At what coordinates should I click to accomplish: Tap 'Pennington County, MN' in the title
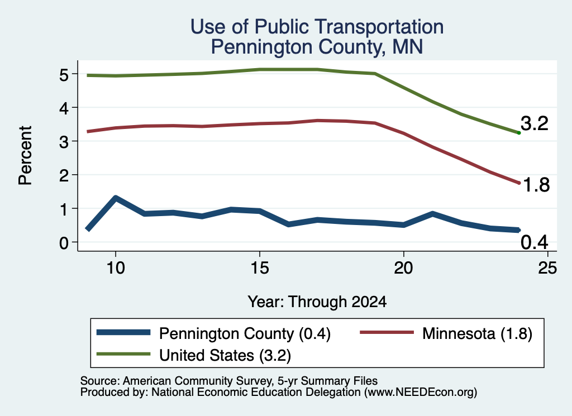pyautogui.click(x=317, y=47)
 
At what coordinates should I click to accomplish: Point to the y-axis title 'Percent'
pyautogui.click(x=25, y=155)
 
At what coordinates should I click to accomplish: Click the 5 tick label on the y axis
pyautogui.click(x=64, y=75)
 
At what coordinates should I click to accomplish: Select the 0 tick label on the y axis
pyautogui.click(x=64, y=242)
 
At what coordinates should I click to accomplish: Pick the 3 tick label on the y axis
pyautogui.click(x=64, y=142)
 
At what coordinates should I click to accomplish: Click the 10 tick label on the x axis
pyautogui.click(x=116, y=268)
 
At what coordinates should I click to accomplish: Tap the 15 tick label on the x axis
pyautogui.click(x=260, y=268)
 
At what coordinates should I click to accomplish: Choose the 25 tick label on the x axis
pyautogui.click(x=547, y=268)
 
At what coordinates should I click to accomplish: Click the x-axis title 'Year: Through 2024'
pyautogui.click(x=317, y=302)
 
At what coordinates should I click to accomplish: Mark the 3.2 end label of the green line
pyautogui.click(x=535, y=123)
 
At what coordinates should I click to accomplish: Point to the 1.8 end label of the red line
pyautogui.click(x=536, y=185)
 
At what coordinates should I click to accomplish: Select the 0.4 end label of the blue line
pyautogui.click(x=535, y=242)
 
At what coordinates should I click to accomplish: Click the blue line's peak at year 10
pyautogui.click(x=116, y=198)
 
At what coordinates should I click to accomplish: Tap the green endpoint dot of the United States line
pyautogui.click(x=519, y=133)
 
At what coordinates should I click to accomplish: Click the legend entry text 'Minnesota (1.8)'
pyautogui.click(x=477, y=333)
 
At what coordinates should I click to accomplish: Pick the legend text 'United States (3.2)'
pyautogui.click(x=225, y=355)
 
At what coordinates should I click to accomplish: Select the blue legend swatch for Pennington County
pyautogui.click(x=123, y=332)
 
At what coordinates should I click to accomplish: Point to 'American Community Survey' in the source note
pyautogui.click(x=197, y=381)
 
